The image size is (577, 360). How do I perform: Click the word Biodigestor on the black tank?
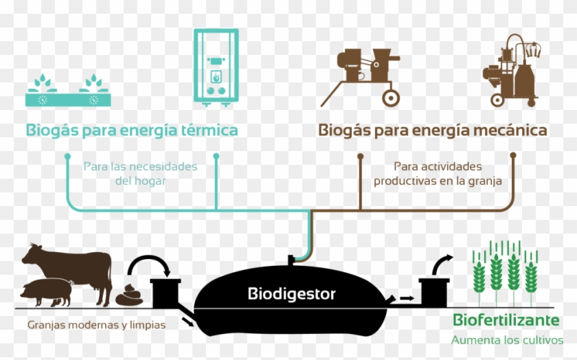tap(291, 295)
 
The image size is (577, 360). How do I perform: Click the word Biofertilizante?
tap(505, 321)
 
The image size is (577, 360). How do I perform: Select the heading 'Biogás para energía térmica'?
tap(132, 130)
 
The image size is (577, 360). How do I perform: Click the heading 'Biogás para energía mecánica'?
tap(432, 130)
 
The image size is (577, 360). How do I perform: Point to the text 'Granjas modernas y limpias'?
tap(96, 325)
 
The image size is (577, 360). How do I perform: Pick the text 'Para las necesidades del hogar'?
tap(140, 174)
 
